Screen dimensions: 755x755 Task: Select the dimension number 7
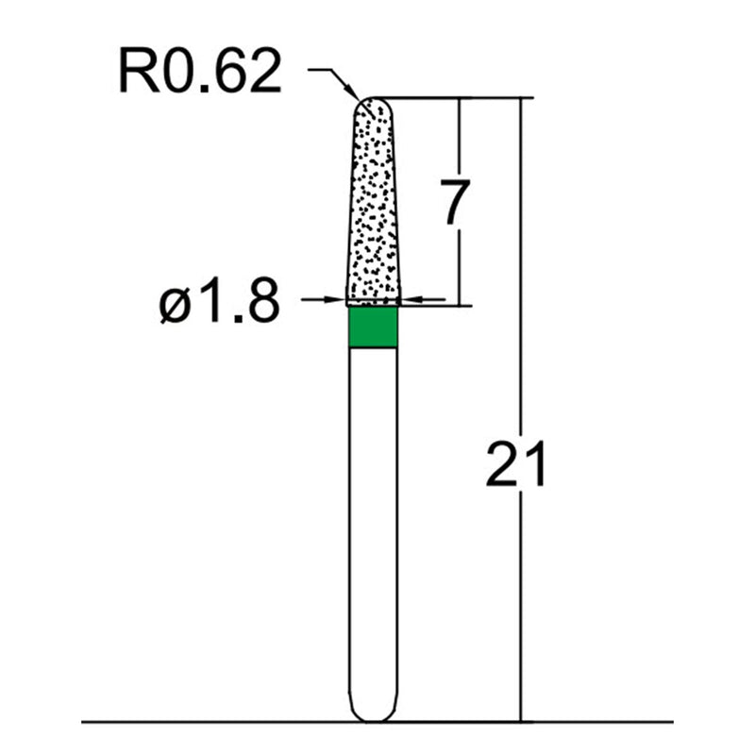coord(454,206)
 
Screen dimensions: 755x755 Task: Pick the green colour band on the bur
coord(373,327)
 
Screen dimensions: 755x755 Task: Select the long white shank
coord(373,519)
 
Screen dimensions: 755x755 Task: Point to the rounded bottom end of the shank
coord(373,715)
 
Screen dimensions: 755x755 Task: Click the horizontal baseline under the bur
coord(189,723)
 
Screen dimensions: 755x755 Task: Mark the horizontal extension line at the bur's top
coord(453,97)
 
